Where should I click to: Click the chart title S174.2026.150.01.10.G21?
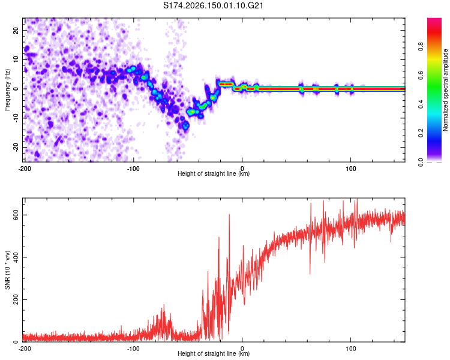click(213, 5)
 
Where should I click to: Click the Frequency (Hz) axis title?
click(7, 90)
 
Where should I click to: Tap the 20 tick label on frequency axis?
click(16, 31)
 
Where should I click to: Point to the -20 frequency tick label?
click(16, 148)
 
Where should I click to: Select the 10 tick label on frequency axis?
click(16, 60)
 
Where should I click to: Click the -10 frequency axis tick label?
click(16, 118)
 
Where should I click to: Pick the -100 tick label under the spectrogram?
click(133, 169)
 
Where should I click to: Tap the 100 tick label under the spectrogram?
click(351, 169)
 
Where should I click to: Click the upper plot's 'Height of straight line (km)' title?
click(214, 173)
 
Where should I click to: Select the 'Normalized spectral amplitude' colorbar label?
click(445, 90)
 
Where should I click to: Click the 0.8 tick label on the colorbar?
click(421, 47)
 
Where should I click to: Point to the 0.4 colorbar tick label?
click(421, 104)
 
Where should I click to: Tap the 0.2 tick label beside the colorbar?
click(421, 133)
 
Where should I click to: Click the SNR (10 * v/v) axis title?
click(7, 270)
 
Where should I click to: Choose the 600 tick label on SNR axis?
click(16, 215)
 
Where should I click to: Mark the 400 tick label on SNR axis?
click(16, 257)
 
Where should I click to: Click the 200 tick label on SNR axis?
click(16, 300)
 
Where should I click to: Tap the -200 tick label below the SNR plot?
click(25, 349)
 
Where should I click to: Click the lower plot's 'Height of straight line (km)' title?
click(214, 353)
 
